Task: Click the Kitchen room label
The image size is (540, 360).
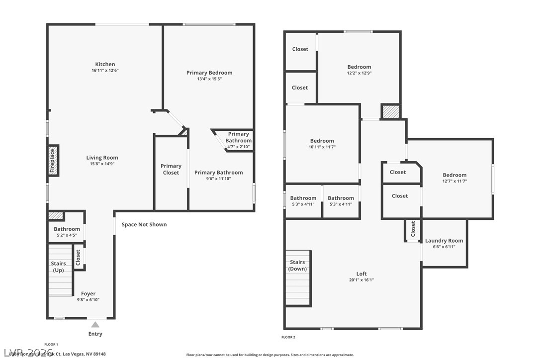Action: click(x=105, y=64)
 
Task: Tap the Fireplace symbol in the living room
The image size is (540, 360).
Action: click(x=53, y=161)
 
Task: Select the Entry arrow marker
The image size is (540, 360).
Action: click(x=95, y=325)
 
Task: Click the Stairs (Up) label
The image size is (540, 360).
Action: click(x=58, y=267)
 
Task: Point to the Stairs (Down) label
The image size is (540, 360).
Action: click(x=297, y=266)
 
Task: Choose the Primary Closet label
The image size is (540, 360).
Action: click(x=171, y=169)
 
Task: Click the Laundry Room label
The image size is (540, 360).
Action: click(x=444, y=241)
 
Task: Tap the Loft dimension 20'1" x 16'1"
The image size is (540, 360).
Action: click(x=361, y=280)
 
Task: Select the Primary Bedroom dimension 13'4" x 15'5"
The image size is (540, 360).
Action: click(x=209, y=79)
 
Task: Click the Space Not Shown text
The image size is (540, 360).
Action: click(x=144, y=225)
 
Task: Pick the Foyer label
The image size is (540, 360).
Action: click(x=88, y=294)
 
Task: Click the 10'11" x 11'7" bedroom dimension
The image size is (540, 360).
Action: click(x=322, y=147)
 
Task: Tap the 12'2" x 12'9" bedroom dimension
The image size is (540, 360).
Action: click(x=359, y=73)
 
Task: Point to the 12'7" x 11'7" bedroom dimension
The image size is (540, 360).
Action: click(x=454, y=181)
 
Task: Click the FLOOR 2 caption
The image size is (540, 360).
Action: click(x=288, y=337)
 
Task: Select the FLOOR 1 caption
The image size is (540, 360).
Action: click(x=51, y=344)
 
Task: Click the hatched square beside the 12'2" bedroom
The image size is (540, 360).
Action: click(x=390, y=111)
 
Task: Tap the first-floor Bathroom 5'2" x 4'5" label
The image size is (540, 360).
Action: click(x=67, y=229)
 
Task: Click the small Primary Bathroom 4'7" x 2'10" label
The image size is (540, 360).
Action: click(x=238, y=140)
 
